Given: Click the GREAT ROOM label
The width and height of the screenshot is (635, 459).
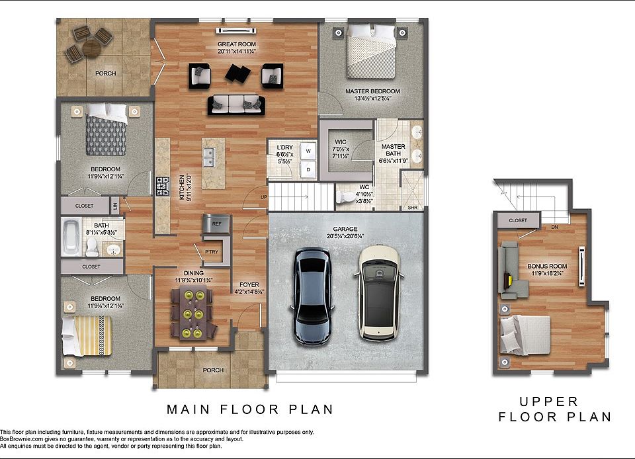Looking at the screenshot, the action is click(x=237, y=44).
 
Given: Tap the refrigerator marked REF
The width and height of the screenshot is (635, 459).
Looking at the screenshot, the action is click(x=217, y=224).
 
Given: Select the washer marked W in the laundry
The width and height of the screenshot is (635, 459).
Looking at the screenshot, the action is click(x=309, y=151).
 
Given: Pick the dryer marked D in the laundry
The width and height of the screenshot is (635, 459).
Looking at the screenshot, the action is click(x=309, y=169).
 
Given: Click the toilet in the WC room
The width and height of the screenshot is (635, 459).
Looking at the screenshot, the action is click(x=345, y=197).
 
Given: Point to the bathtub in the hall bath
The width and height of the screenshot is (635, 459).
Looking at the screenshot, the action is click(x=71, y=237).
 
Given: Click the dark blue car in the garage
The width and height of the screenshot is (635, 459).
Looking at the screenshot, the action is click(x=312, y=296).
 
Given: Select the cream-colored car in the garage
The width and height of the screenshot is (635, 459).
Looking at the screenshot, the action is click(x=380, y=293).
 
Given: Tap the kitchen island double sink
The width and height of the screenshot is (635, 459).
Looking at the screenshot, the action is click(x=209, y=157).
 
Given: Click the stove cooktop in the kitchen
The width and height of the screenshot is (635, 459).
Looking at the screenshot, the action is click(x=163, y=187).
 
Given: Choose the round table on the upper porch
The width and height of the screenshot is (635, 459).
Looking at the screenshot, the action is click(x=91, y=49).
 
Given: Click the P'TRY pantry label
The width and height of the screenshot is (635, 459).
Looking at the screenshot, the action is click(x=212, y=252).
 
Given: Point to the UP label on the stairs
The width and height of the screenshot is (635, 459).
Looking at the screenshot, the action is click(x=264, y=197).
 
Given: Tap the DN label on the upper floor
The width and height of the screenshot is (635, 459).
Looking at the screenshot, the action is click(x=555, y=227).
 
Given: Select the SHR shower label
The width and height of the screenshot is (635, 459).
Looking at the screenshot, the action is click(x=413, y=208).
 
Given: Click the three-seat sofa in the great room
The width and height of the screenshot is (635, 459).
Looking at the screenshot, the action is click(x=237, y=105).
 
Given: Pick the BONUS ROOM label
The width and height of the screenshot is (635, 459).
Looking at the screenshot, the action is click(x=547, y=267).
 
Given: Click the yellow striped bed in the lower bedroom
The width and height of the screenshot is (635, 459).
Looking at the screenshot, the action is click(x=86, y=336).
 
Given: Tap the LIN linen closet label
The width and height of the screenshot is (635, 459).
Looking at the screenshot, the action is click(x=115, y=206).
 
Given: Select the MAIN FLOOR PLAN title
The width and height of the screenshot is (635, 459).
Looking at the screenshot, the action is click(x=250, y=409).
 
